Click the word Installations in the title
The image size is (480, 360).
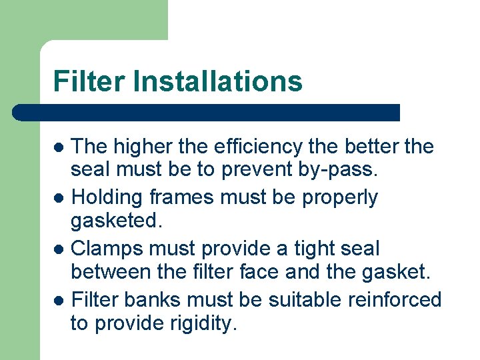pyautogui.click(x=217, y=81)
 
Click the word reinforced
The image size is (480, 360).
pyautogui.click(x=395, y=299)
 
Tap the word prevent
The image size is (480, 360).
pyautogui.click(x=249, y=170)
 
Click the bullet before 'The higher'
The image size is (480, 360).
pyautogui.click(x=59, y=147)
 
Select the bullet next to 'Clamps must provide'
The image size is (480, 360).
pyautogui.click(x=59, y=249)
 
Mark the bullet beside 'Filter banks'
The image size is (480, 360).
pyautogui.click(x=59, y=300)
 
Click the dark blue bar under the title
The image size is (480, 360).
pyautogui.click(x=207, y=112)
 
